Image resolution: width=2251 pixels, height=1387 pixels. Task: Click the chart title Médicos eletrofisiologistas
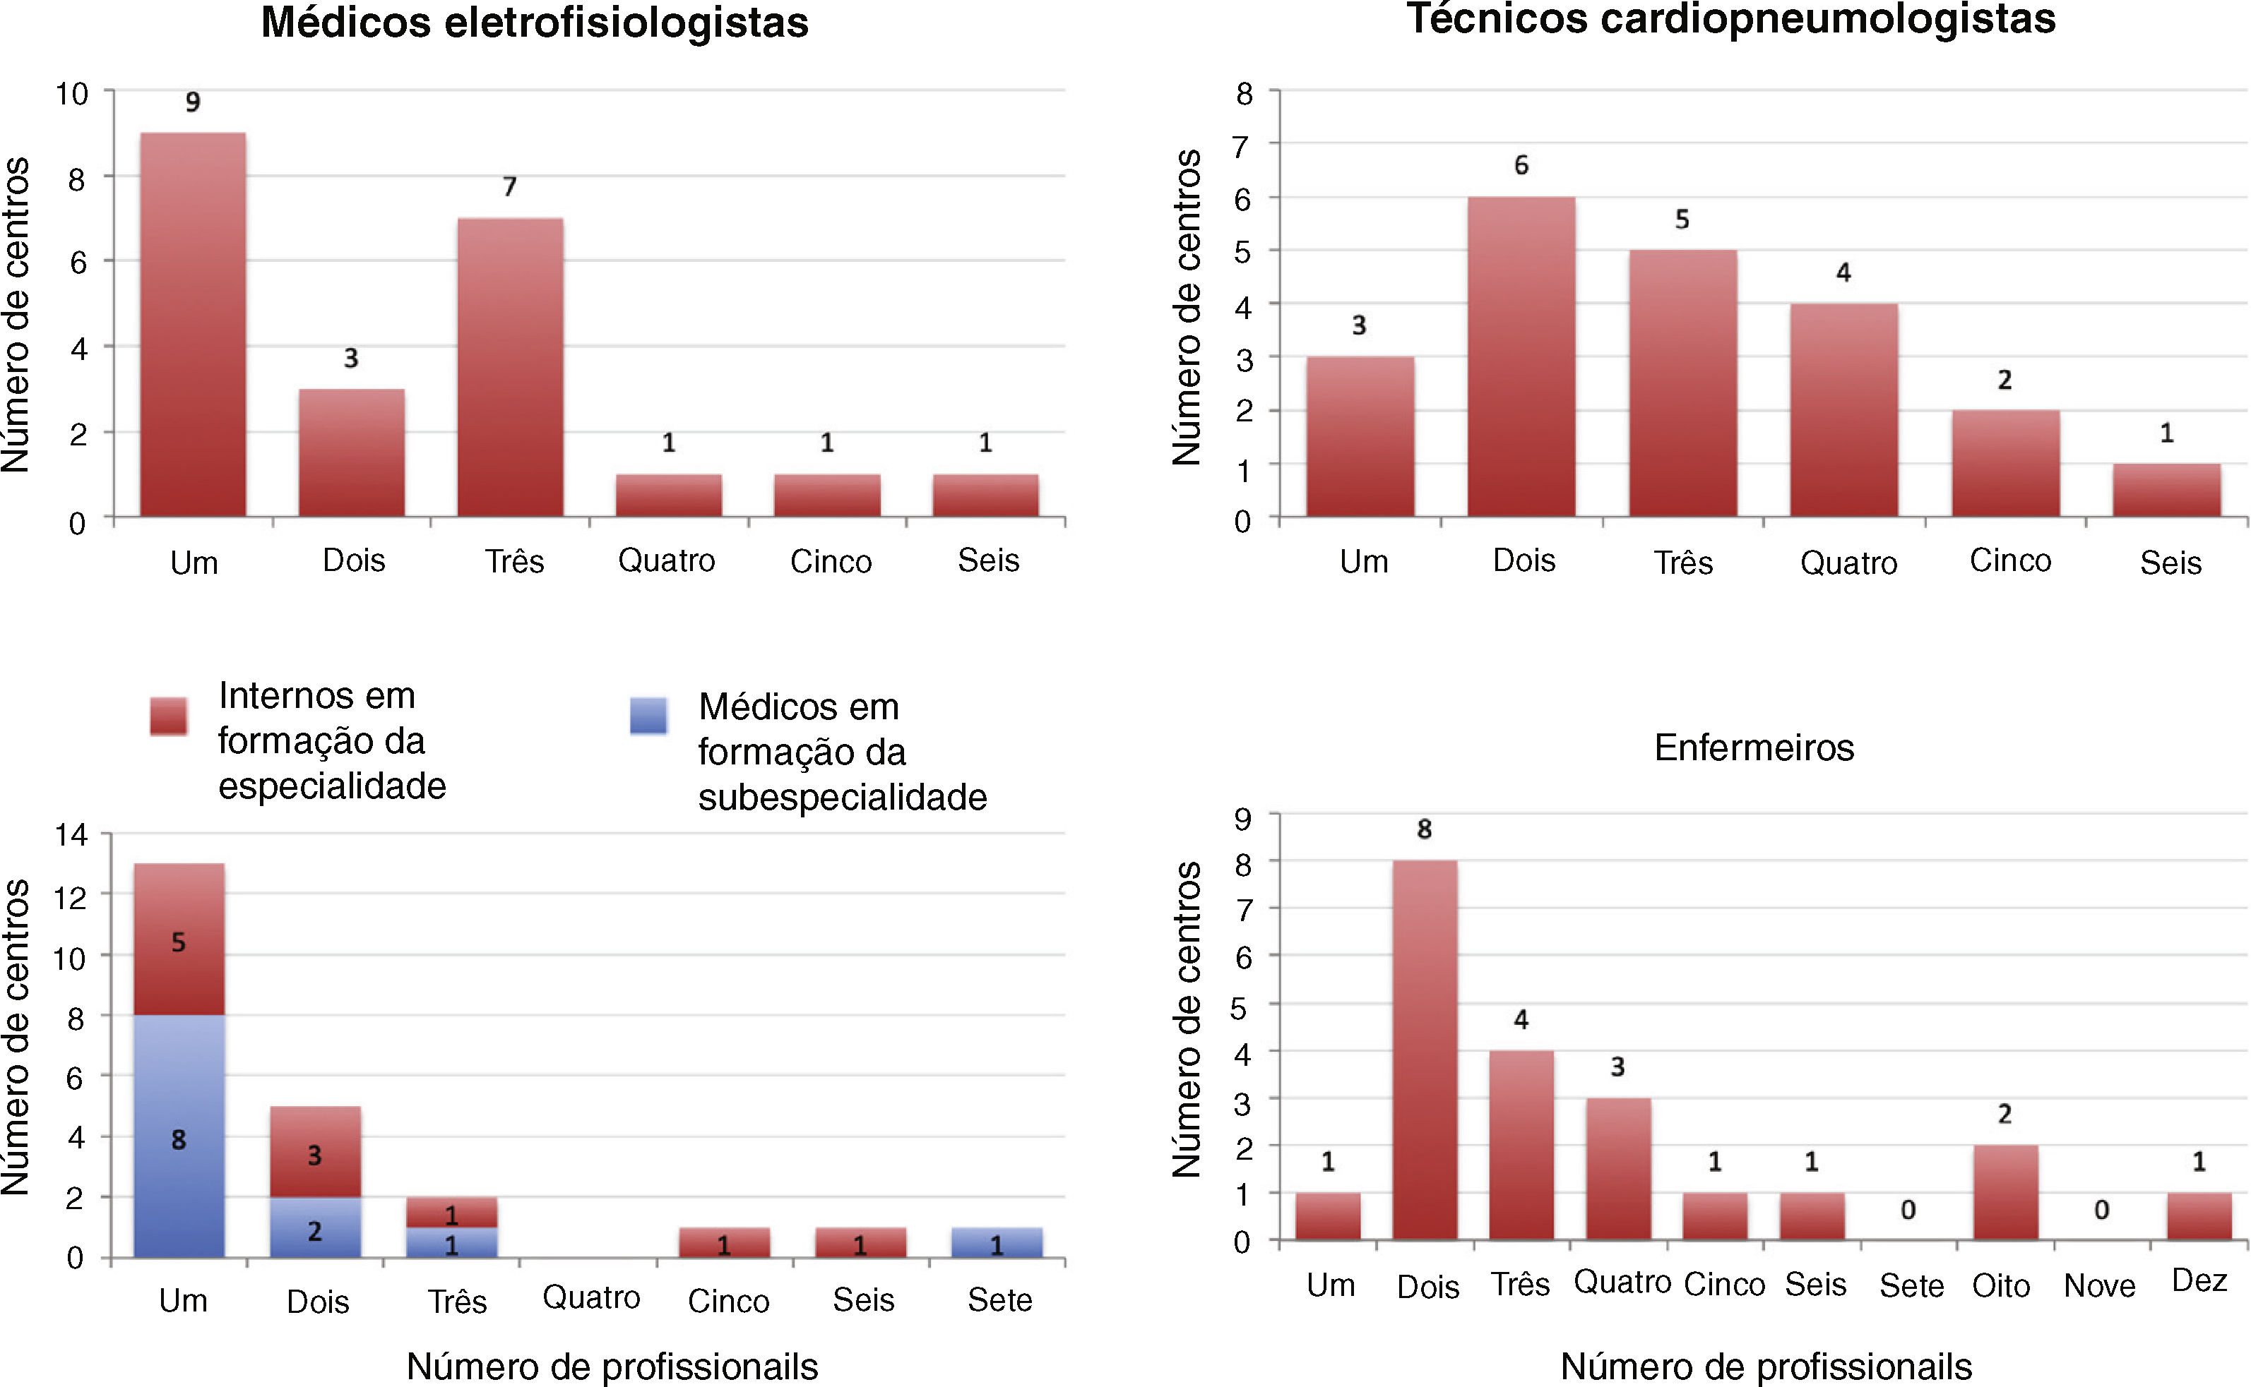534,22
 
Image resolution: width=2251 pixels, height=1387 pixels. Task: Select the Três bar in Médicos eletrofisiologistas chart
510,367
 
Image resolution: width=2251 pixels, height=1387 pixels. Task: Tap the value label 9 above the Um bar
193,101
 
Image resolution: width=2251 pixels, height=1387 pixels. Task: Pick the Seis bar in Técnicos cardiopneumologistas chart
2166,491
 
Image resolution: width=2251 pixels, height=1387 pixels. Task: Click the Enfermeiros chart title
1754,747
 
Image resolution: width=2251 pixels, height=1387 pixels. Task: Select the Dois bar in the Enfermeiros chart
1424,1050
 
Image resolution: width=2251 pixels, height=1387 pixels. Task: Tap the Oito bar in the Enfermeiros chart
2005,1191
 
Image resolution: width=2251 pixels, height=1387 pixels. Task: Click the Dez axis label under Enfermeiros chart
2199,1280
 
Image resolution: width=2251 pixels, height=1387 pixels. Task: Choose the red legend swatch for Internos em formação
169,716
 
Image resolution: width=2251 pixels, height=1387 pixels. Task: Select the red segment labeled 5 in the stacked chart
179,939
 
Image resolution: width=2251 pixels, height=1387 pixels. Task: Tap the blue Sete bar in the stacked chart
997,1243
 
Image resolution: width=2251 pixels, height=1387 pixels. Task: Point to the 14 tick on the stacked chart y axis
71,835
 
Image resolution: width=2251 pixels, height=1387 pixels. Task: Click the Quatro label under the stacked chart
591,1298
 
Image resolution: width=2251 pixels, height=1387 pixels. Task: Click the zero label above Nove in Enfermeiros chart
2101,1210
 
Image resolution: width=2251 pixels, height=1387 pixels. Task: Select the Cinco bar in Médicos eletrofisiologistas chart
827,496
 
